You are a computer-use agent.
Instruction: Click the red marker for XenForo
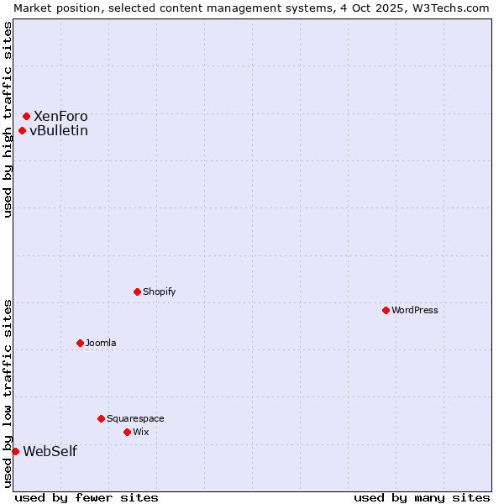pos(27,116)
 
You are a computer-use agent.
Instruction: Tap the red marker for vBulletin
pos(23,130)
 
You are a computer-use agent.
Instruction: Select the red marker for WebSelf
pos(15,451)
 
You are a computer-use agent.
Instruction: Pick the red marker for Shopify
pos(137,291)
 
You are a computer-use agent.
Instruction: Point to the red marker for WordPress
pos(386,310)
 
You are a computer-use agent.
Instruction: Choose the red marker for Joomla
pos(80,343)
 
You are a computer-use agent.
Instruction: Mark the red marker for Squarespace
pos(101,418)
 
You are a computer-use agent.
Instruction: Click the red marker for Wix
pos(127,432)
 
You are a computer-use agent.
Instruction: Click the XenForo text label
pos(60,116)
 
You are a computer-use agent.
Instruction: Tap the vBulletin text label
pos(59,130)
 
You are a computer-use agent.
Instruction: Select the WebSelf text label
pos(50,451)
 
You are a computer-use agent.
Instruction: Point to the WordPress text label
pos(415,310)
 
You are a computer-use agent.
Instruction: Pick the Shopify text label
pos(160,291)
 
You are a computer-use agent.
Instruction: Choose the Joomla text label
pos(101,343)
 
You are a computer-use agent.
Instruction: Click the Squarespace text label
pos(135,418)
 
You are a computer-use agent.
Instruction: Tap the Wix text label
pos(140,432)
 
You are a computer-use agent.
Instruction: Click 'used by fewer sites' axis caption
pos(87,497)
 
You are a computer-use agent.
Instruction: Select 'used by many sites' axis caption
pos(422,497)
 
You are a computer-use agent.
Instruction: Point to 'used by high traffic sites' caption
pos(8,119)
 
